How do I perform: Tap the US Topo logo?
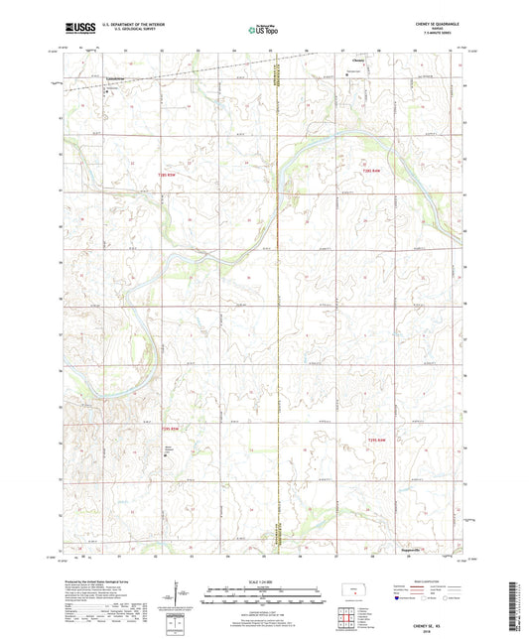point(264,31)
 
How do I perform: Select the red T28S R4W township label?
point(372,171)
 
